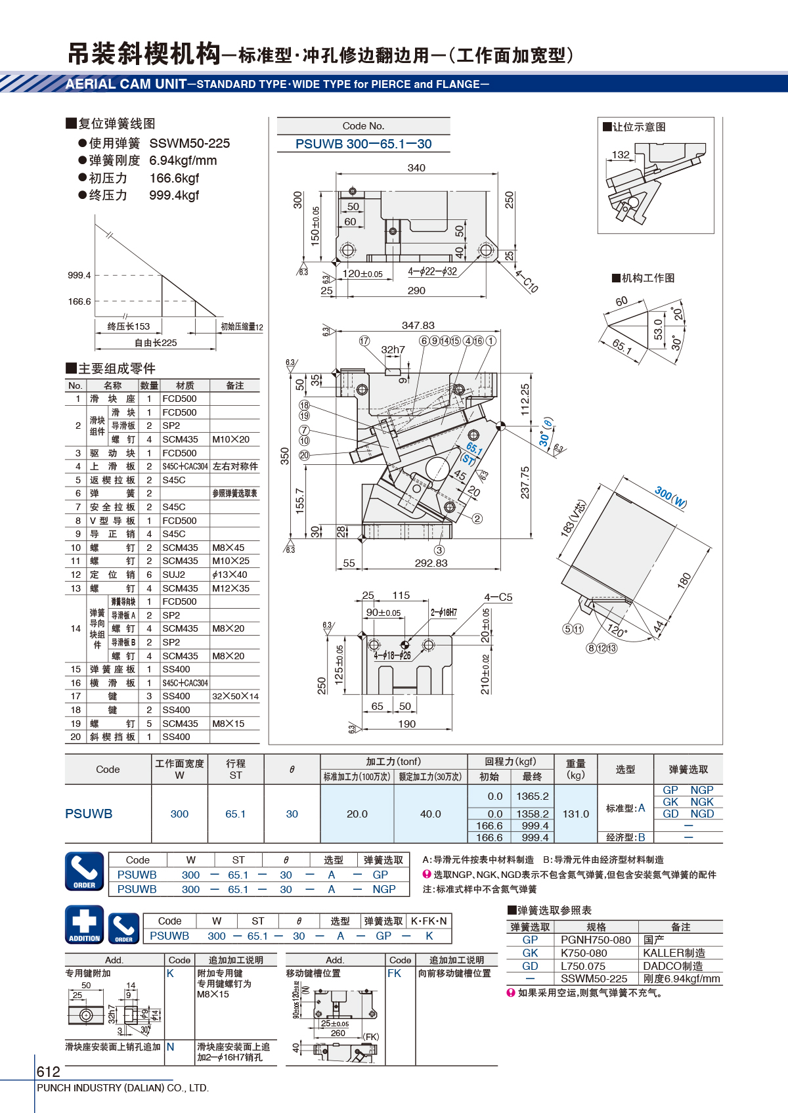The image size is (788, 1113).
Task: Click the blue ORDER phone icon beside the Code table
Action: (85, 871)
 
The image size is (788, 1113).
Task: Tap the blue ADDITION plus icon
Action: (85, 925)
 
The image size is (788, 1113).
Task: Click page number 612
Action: (48, 1072)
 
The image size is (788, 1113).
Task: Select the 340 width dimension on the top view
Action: (416, 168)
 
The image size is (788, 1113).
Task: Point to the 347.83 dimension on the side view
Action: (418, 326)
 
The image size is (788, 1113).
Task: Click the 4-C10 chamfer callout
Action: (527, 281)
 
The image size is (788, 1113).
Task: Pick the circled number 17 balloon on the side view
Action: (364, 341)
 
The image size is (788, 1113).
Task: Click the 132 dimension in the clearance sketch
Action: (621, 155)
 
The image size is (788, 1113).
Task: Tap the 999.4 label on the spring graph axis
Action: (79, 275)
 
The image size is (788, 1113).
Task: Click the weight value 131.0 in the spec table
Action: (576, 814)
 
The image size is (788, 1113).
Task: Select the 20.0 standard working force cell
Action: (357, 814)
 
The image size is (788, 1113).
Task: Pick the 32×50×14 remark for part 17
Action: (236, 696)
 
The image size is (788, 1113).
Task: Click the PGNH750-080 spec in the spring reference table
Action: (596, 940)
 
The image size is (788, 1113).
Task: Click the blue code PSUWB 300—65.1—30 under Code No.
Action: (364, 144)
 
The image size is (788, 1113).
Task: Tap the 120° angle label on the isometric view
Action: (617, 630)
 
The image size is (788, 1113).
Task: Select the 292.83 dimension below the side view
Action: (431, 563)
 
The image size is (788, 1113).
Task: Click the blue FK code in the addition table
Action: (394, 973)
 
